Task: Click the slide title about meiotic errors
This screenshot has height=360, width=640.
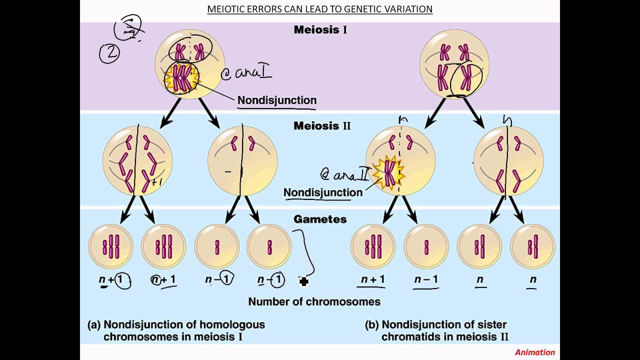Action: point(320,9)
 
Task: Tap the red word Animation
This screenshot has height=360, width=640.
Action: point(534,352)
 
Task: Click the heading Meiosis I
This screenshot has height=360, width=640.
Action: point(320,29)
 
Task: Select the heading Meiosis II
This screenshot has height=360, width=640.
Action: point(322,125)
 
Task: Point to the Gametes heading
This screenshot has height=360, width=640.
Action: point(320,219)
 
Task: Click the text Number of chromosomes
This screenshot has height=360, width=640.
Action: point(314,301)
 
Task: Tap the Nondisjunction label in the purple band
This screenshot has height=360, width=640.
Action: point(276,100)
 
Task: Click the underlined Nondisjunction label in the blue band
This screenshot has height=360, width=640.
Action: point(322,192)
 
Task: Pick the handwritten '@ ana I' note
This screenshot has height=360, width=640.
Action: point(246,73)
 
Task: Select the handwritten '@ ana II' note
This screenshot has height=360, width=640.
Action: point(345,174)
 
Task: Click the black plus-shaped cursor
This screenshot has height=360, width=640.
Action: point(303,281)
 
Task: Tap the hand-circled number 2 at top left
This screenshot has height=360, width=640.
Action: point(109,53)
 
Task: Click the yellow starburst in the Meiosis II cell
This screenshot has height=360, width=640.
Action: point(388,173)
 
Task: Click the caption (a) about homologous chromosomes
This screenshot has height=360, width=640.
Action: point(176,330)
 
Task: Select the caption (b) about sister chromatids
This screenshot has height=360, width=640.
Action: point(439,330)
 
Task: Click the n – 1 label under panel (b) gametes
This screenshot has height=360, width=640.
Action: point(426,279)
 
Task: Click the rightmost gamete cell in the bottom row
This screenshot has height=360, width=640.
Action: point(532,246)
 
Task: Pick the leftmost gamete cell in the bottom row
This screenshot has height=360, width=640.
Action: point(110,246)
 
